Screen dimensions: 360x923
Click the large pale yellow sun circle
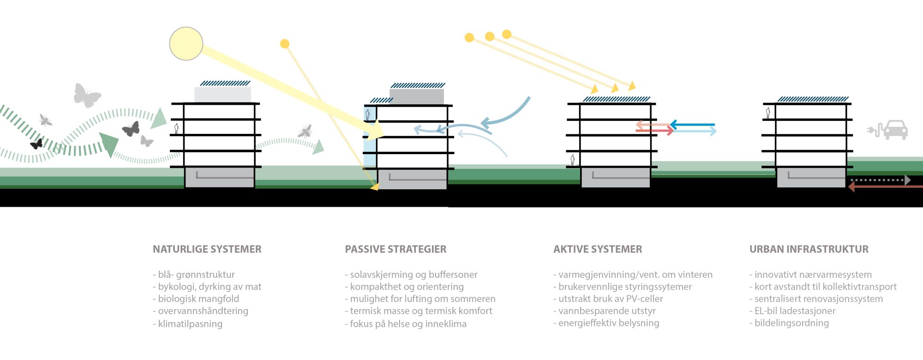186,44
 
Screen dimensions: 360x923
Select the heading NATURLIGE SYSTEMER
207,249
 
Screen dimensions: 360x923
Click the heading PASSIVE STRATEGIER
396,249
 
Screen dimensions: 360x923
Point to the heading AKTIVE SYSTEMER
598,249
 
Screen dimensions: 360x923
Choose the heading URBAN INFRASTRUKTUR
809,249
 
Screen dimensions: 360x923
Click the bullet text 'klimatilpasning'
190,324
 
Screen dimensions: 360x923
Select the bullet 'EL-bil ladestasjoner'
794,311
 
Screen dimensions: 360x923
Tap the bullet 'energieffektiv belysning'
608,323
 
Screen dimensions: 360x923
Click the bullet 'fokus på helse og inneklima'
408,324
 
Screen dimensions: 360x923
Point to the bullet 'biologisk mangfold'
198,299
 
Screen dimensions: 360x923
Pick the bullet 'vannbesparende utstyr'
606,311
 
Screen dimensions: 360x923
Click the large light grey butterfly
86,96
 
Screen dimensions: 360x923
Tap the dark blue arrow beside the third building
692,125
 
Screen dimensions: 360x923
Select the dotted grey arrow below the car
880,180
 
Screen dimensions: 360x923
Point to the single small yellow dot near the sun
285,44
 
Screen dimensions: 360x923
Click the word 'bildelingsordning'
791,323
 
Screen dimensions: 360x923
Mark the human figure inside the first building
176,128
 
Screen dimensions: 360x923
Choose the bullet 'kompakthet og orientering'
406,287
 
